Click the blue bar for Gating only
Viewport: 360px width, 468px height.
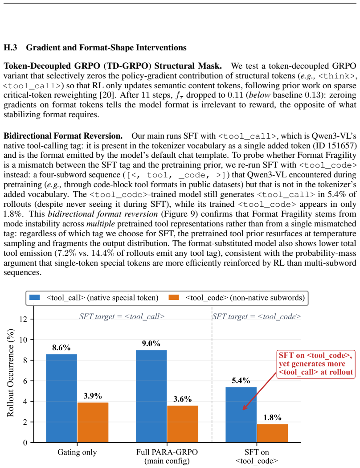61,398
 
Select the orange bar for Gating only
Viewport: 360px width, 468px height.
93,423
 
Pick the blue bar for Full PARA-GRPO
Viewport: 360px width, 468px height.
151,396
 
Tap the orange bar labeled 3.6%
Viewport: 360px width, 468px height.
183,424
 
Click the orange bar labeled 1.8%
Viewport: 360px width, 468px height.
272,433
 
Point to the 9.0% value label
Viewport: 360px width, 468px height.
151,344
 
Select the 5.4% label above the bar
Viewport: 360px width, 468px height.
241,381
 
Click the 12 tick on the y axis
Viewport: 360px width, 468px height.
23,319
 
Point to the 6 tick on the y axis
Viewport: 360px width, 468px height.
25,381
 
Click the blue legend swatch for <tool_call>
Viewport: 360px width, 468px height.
35,298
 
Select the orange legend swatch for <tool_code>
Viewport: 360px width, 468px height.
174,298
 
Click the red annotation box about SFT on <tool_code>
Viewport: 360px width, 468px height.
316,364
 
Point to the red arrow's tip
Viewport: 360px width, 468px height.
243,410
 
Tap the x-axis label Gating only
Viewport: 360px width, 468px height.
77,452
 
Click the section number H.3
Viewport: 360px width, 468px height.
10,47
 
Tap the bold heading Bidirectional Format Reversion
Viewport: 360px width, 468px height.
63,136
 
